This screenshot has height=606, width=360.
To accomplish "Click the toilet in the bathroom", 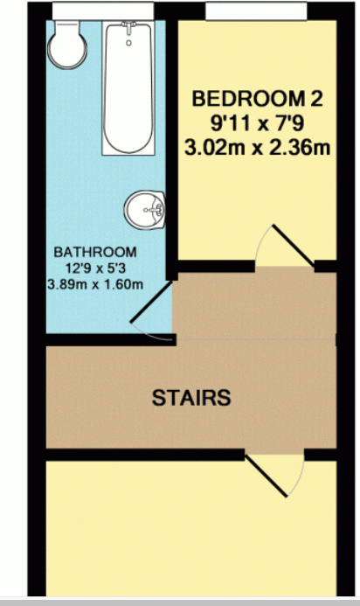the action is [x=67, y=45].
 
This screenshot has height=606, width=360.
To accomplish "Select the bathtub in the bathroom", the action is [x=128, y=88].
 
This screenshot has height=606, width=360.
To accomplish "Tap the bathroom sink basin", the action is [x=145, y=210].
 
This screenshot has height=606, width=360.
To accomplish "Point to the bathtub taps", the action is [x=128, y=27].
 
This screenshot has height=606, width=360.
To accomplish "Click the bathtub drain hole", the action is [x=128, y=43].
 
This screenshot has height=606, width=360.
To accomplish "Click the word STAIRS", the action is [x=191, y=398].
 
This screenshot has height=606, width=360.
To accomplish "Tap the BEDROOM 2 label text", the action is [x=257, y=99].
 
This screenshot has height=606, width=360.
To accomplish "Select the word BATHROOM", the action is [x=95, y=252].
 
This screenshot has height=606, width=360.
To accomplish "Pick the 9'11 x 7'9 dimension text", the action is [x=257, y=123].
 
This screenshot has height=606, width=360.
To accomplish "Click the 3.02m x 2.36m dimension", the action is [x=257, y=148].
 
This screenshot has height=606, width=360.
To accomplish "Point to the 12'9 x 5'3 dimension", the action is [x=95, y=268].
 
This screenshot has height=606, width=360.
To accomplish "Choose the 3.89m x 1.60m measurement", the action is [x=95, y=285].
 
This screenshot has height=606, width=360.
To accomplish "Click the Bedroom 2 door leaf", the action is [x=294, y=246].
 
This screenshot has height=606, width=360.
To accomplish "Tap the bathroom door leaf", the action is [x=151, y=302].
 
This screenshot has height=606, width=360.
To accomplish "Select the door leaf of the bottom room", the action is [x=267, y=476].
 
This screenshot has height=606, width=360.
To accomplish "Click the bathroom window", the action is [x=103, y=10].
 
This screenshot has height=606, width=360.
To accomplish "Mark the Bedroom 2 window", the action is [x=256, y=10].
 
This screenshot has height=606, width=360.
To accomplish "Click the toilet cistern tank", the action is [x=67, y=27].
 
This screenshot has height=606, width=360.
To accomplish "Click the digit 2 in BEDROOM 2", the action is [x=315, y=99].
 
